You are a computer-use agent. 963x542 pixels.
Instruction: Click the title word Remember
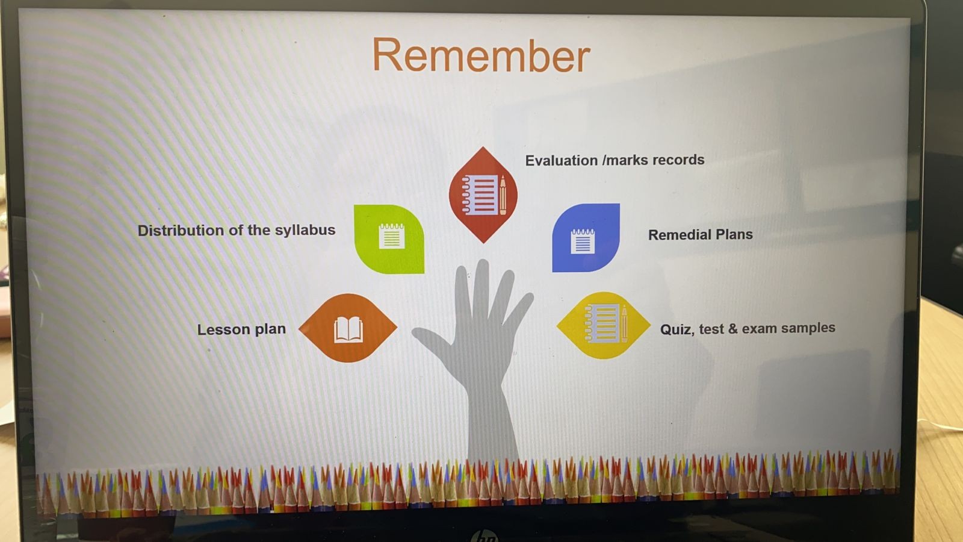(481, 55)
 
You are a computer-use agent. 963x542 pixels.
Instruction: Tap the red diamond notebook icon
(483, 195)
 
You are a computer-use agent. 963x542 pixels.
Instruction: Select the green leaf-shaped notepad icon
(389, 238)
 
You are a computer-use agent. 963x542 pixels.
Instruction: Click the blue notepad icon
(586, 238)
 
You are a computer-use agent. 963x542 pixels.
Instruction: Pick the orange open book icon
(348, 328)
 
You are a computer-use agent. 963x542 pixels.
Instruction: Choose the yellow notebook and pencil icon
(603, 325)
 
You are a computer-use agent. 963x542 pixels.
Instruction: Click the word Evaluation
(562, 160)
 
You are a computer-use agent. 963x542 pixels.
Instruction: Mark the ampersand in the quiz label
(733, 329)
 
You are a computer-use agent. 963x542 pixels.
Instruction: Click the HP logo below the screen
(485, 537)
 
